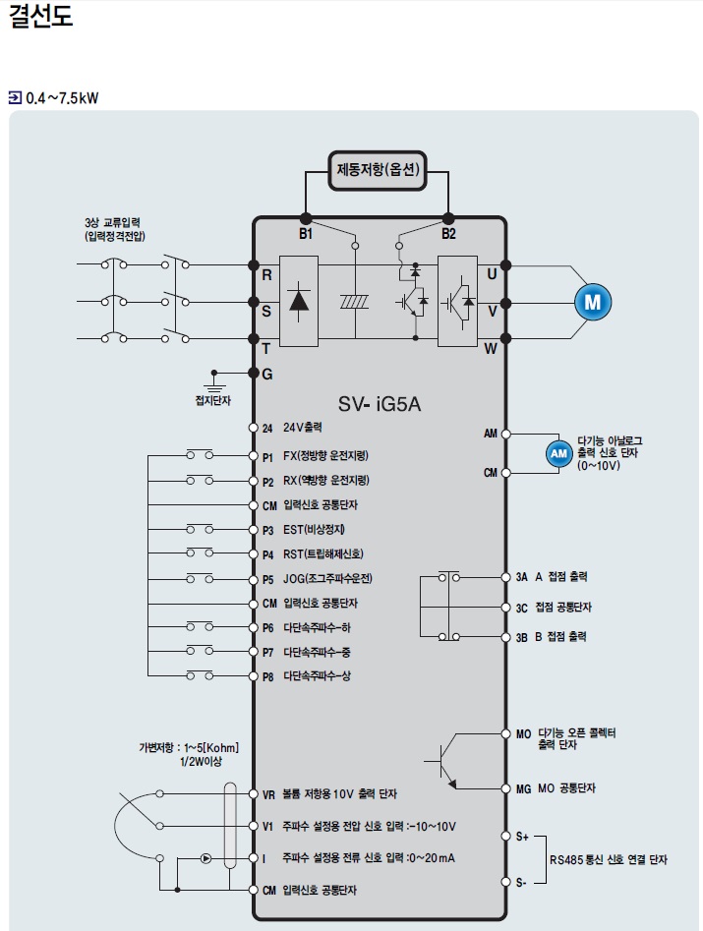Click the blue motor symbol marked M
pos(593,302)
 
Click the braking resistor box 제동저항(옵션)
pos(378,170)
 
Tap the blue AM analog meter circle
pos(558,453)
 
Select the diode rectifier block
pos(299,301)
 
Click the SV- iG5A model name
pos(380,404)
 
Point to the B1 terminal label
pos(305,234)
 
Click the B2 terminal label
pos(448,234)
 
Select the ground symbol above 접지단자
pos(214,382)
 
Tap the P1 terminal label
pos(267,457)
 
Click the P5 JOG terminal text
pos(317,579)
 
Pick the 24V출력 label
pos(302,428)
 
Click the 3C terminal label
pos(522,609)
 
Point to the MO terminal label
pos(523,734)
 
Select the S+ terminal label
pos(522,837)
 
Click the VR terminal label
pos(268,795)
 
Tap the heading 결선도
pos(40,16)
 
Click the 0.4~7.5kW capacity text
pos(62,98)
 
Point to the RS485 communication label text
pos(608,860)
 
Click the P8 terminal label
pos(267,677)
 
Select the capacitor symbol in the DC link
pos(355,302)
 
